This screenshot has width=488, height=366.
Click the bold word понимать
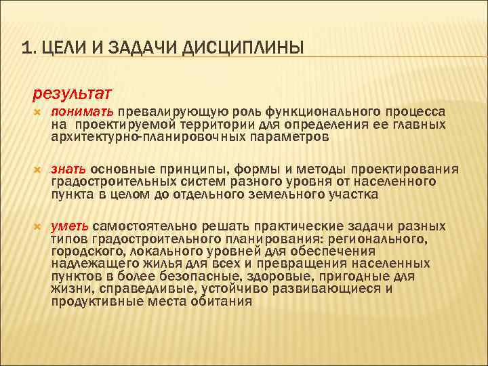click(81, 112)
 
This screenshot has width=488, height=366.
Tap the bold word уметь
click(70, 226)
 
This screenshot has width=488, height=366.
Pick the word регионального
click(382, 239)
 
